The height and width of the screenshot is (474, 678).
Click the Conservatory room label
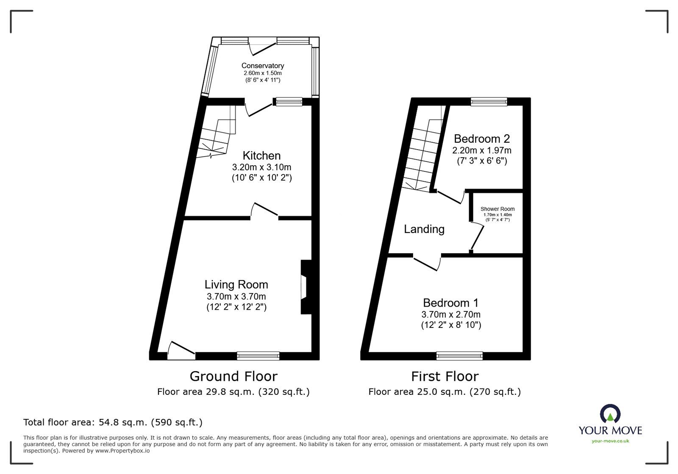263,66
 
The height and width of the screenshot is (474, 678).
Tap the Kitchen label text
261,156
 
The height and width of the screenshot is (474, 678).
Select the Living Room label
236,285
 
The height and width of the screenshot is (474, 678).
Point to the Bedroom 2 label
482,139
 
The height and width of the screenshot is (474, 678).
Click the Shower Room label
497,209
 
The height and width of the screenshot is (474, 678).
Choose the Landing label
424,229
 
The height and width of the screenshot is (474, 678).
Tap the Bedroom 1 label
451,303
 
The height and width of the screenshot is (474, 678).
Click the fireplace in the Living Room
305,287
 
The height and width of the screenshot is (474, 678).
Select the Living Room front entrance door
180,351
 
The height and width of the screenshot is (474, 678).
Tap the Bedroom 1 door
427,262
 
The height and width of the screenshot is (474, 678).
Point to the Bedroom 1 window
459,356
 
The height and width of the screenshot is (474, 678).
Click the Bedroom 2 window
489,102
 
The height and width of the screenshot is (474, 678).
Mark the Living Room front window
258,356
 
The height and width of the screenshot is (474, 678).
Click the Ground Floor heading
233,376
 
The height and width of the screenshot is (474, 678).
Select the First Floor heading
445,376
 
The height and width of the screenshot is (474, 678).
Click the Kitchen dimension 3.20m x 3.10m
261,167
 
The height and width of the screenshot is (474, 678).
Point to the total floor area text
113,422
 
